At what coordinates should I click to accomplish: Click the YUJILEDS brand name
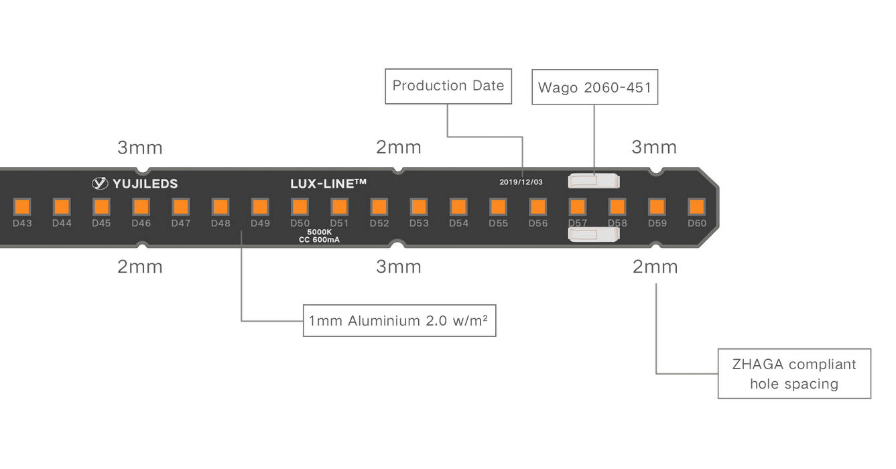pos(146,183)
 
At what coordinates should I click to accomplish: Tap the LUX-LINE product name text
pos(328,183)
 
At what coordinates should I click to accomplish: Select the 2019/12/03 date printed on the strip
pos(521,182)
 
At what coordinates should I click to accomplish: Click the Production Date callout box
pos(448,86)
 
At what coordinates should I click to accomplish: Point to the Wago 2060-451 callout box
pos(594,86)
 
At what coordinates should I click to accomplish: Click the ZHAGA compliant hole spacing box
pos(794,374)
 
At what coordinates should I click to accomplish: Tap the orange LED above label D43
pos(22,206)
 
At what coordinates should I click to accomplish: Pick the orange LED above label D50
pos(300,206)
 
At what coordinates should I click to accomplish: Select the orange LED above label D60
pos(696,206)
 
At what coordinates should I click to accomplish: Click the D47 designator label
pos(181,223)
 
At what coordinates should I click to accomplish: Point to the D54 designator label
pos(458,223)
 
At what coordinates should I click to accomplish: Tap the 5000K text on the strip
pos(320,232)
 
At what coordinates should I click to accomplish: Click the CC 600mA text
pos(320,240)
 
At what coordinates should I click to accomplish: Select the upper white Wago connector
pos(593,180)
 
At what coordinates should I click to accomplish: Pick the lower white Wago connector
pos(593,234)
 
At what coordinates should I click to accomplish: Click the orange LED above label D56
pos(537,206)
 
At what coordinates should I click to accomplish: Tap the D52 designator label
pos(379,223)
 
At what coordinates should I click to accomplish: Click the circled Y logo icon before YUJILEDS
pos(100,183)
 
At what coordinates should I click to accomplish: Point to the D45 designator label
pos(101,223)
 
